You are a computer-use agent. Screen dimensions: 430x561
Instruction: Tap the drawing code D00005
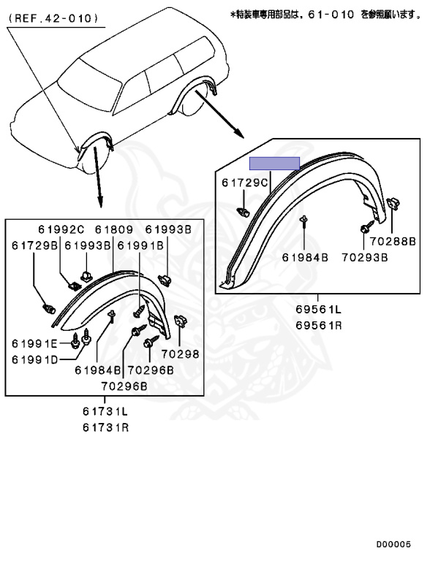pos(393,544)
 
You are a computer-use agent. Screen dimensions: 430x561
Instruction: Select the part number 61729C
pos(245,183)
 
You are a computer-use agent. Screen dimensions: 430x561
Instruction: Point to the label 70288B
pos(393,241)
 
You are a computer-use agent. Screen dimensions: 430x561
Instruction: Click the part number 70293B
pos(364,257)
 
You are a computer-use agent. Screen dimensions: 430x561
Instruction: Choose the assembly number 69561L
pos(319,309)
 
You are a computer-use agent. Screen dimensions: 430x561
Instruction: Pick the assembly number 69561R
pos(319,325)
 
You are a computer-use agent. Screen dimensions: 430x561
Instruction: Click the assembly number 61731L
pos(105,411)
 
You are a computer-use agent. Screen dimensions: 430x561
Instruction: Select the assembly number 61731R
pos(105,427)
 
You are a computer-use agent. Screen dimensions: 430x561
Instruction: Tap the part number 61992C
pos(61,229)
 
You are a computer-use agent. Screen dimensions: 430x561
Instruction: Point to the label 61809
pos(113,229)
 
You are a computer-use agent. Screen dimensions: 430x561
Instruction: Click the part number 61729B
pos(35,245)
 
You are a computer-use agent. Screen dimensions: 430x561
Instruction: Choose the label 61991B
pos(140,245)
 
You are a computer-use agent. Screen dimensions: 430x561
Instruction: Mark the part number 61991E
pos(34,343)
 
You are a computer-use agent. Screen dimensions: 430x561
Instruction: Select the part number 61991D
pos(34,359)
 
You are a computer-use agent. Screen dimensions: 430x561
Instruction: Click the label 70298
pos(180,354)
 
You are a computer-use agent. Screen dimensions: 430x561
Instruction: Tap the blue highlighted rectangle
pos(274,163)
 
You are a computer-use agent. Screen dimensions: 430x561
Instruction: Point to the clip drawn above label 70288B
pos(393,205)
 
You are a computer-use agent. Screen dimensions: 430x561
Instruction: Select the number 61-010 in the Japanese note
pos(331,15)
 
